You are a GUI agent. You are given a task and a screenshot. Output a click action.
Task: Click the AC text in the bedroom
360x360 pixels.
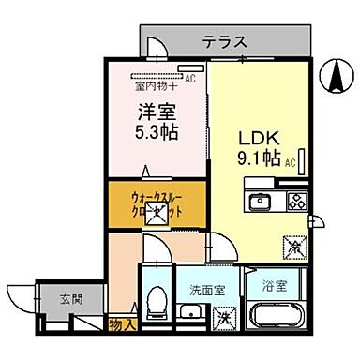189,79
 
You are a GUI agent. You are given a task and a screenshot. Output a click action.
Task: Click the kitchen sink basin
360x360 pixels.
259,202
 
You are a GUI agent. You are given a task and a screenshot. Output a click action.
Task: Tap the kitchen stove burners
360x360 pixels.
296,201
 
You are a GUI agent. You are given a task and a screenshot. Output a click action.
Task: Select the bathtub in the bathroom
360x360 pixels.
274,320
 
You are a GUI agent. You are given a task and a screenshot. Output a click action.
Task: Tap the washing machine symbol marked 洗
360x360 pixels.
226,321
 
